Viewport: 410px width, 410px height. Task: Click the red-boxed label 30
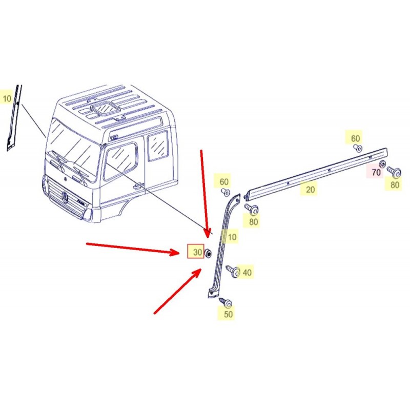pyautogui.click(x=196, y=252)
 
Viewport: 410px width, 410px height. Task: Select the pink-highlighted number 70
pyautogui.click(x=376, y=172)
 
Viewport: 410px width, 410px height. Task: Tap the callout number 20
pyautogui.click(x=310, y=189)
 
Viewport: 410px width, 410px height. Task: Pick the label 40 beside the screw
pyautogui.click(x=247, y=273)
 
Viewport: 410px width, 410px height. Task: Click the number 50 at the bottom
pyautogui.click(x=228, y=314)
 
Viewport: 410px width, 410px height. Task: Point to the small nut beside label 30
pyautogui.click(x=208, y=253)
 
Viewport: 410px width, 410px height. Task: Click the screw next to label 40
pyautogui.click(x=233, y=272)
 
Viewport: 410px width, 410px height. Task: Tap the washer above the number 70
pyautogui.click(x=382, y=164)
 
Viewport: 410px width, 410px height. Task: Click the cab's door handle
pyautogui.click(x=138, y=186)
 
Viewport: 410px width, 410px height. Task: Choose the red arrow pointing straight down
pyautogui.click(x=204, y=194)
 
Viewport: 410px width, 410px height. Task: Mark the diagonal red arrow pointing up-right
pyautogui.click(x=178, y=291)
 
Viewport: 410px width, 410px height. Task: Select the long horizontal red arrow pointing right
pyautogui.click(x=133, y=249)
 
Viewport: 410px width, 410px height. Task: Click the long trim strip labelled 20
pyautogui.click(x=316, y=173)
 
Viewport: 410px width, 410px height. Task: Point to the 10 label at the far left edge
pyautogui.click(x=7, y=98)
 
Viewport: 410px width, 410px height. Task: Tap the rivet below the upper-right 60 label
pyautogui.click(x=358, y=148)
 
